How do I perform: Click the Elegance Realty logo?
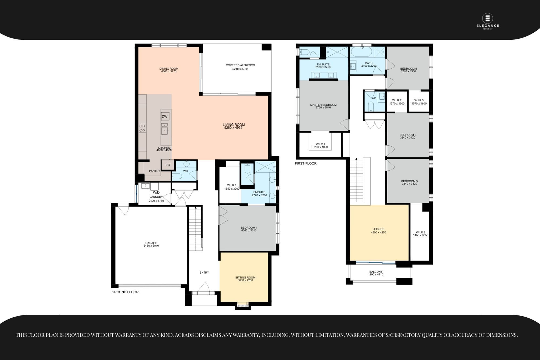tap(488, 22)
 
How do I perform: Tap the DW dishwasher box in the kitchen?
tap(164, 116)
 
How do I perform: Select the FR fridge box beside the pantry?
tap(168, 165)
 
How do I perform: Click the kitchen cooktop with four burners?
tap(142, 128)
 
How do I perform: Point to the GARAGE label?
tap(151, 243)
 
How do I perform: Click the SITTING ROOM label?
tap(245, 277)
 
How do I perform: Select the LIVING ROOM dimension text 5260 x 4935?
tap(233, 128)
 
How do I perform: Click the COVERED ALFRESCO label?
tap(240, 65)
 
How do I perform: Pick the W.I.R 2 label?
tap(397, 100)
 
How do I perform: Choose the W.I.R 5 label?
tap(419, 100)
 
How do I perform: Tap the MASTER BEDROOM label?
tap(323, 105)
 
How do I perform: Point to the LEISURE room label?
tap(378, 229)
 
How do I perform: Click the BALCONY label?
tap(376, 272)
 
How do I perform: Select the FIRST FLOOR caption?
tap(306, 163)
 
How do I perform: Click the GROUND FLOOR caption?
tap(125, 292)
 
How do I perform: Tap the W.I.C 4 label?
tap(320, 144)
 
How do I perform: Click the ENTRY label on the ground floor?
tap(204, 272)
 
